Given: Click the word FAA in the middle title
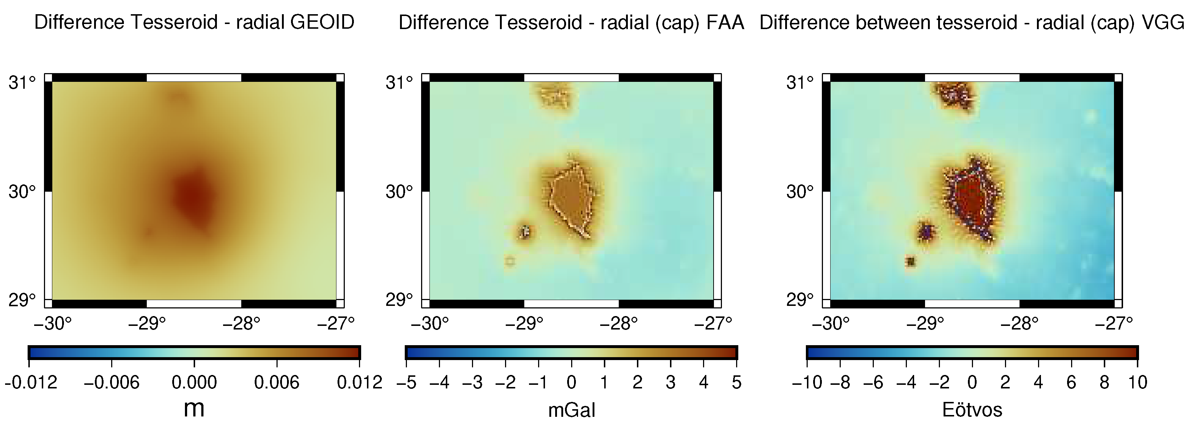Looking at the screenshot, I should [x=725, y=22].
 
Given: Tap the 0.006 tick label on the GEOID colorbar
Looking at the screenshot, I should [x=276, y=383].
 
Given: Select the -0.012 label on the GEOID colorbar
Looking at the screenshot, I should [x=31, y=383].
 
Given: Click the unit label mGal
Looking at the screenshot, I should [x=572, y=410].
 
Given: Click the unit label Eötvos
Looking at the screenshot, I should [x=972, y=410].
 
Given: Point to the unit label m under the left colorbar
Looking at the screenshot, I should [x=194, y=408].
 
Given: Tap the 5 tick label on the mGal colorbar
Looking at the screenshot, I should [x=736, y=383].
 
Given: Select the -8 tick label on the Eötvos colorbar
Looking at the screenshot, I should [x=840, y=383].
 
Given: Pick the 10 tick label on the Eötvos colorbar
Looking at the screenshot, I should [x=1137, y=383].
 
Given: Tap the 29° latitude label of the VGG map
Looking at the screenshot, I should [x=800, y=300].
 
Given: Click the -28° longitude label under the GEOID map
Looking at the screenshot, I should [x=241, y=323].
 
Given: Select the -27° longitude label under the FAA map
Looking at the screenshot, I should [x=713, y=323].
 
